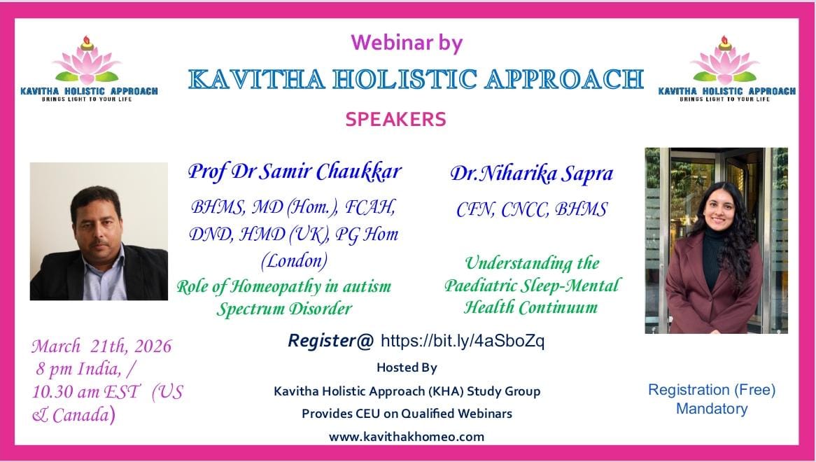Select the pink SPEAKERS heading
click(395, 119)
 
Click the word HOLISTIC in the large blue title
click(405, 79)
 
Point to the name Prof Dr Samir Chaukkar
click(295, 171)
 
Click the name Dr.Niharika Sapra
click(531, 174)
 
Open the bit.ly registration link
click(463, 341)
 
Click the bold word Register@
click(330, 340)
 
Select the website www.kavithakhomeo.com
click(407, 437)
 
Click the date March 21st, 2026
click(101, 346)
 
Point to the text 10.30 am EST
click(86, 392)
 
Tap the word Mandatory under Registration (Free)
click(712, 409)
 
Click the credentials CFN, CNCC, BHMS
click(531, 210)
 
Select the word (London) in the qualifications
click(294, 260)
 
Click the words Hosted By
click(407, 367)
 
